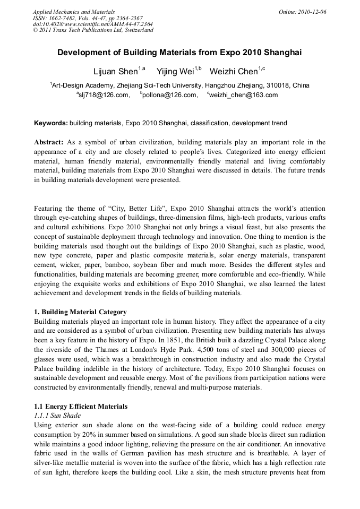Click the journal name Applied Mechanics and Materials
74,11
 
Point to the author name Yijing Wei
175,71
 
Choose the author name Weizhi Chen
234,71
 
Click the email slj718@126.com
104,95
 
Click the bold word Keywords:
51,123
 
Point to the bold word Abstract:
49,142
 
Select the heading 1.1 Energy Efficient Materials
81,407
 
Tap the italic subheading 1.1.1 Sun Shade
57,416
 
